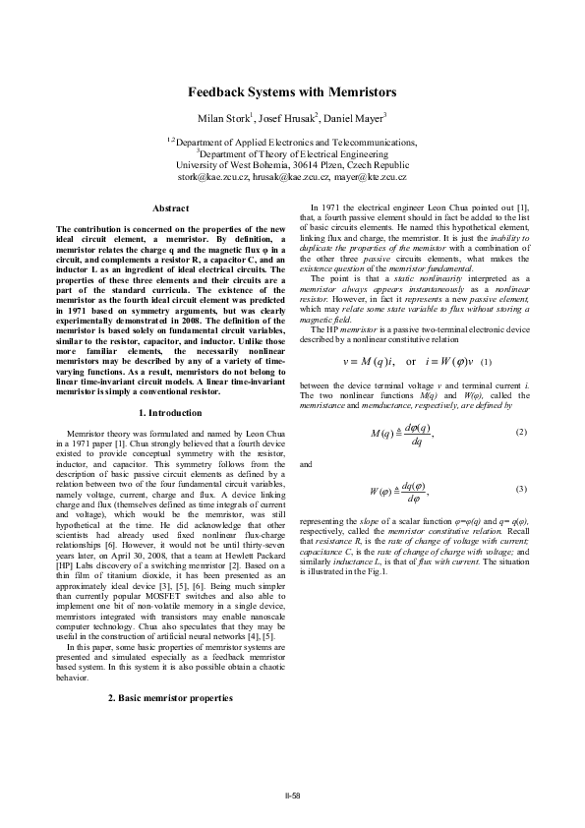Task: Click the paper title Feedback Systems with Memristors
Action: point(292,92)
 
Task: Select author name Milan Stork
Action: point(224,119)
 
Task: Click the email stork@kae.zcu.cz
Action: point(211,177)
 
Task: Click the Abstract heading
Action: point(171,208)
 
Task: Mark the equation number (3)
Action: point(521,489)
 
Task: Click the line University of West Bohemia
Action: point(292,165)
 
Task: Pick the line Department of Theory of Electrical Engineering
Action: point(293,153)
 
